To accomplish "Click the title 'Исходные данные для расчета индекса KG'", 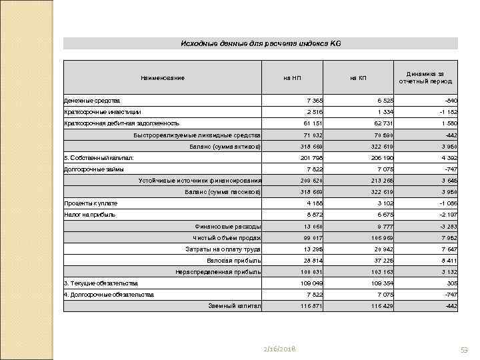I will click(261, 43).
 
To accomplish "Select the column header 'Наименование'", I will click(162, 78).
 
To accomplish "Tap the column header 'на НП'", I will click(292, 78).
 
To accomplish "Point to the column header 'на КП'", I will click(358, 78).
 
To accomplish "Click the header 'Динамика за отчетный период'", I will click(425, 77).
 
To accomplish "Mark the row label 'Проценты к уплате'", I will click(91, 203).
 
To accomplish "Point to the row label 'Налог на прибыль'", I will click(89, 215).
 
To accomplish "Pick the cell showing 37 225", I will click(378, 260).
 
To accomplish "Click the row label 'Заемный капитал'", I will click(235, 306).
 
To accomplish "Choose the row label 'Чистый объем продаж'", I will click(227, 237).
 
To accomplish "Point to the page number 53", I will click(464, 350).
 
